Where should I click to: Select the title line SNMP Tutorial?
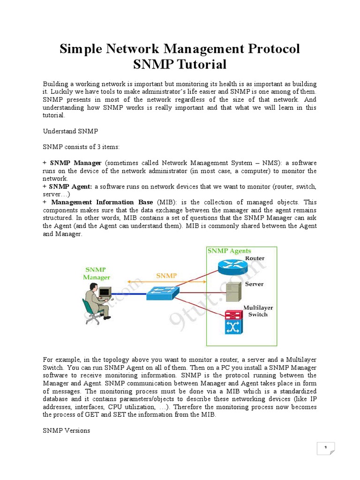tap(180, 64)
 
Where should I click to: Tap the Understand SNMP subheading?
tap(71, 131)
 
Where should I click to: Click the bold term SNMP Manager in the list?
tap(76, 163)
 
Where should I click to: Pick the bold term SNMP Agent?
tap(71, 187)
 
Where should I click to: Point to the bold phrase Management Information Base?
tap(102, 202)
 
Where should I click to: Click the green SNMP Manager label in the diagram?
tap(97, 273)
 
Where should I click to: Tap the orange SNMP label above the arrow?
tap(167, 276)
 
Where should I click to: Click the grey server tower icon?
tap(232, 292)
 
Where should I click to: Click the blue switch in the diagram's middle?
tap(162, 292)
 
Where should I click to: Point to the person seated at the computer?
tap(96, 305)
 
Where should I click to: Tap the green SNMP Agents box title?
tap(229, 251)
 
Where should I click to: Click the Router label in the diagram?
tap(255, 258)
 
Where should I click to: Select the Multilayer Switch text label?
tap(258, 311)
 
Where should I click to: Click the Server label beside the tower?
tap(254, 284)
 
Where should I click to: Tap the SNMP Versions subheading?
tap(66, 430)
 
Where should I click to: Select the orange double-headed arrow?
tap(166, 283)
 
